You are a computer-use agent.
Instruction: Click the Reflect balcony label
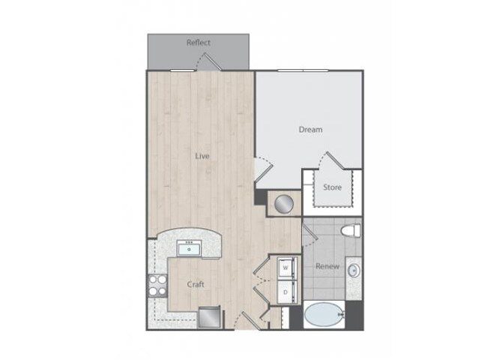click(x=198, y=43)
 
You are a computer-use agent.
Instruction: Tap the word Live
click(x=202, y=156)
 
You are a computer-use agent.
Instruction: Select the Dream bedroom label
click(x=310, y=129)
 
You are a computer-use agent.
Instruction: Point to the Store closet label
click(x=332, y=187)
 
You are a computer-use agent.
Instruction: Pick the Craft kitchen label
click(x=196, y=284)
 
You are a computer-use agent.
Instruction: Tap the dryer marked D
click(x=285, y=290)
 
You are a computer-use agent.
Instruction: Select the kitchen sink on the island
click(x=189, y=248)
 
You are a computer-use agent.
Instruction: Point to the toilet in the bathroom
click(x=351, y=230)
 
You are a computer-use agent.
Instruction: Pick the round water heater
click(x=283, y=203)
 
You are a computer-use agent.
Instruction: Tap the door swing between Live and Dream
click(x=262, y=168)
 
